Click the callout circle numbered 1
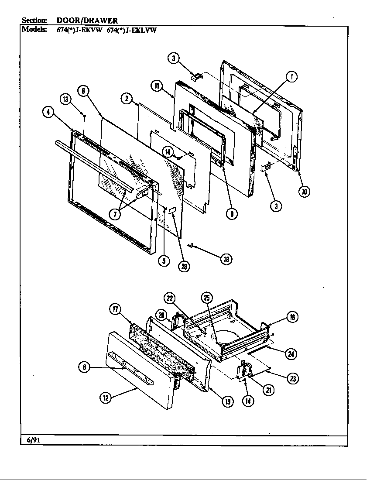point(291,77)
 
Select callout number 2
point(127,99)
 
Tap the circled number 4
point(48,112)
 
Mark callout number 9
point(232,213)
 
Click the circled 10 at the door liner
point(305,191)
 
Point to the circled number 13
point(65,99)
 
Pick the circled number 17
point(115,309)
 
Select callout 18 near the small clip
point(226,259)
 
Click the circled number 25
point(207,298)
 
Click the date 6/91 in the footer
point(32,439)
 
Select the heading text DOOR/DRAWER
point(87,21)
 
